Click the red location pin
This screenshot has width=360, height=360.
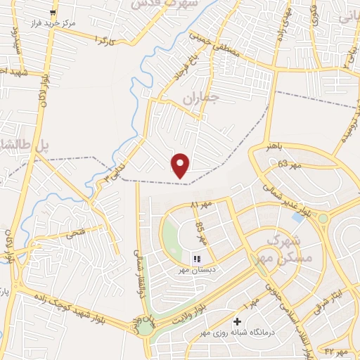(181, 165)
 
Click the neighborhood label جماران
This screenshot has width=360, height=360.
(202, 97)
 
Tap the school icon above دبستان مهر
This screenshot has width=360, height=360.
(197, 259)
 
